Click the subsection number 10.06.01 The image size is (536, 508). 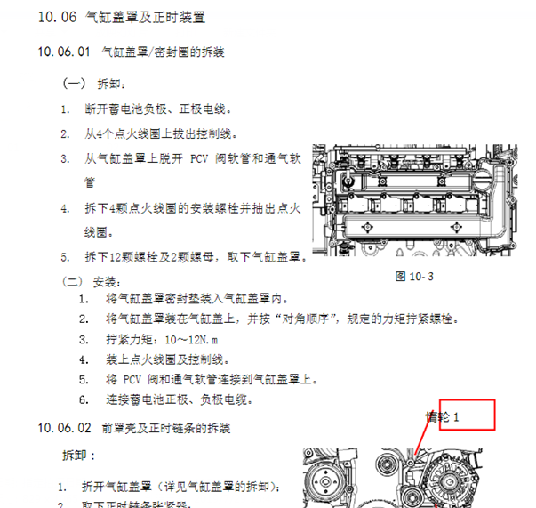pyautogui.click(x=64, y=52)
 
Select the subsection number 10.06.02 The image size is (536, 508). pyautogui.click(x=64, y=428)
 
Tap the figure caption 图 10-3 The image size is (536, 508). pyautogui.click(x=412, y=276)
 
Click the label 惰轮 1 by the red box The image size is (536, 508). pyautogui.click(x=442, y=415)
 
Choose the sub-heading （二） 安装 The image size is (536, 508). pyautogui.click(x=88, y=281)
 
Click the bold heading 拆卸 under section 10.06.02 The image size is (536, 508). pyautogui.click(x=74, y=455)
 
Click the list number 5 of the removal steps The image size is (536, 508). pyautogui.click(x=65, y=257)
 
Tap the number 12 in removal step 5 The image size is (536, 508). pyautogui.click(x=124, y=257)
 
